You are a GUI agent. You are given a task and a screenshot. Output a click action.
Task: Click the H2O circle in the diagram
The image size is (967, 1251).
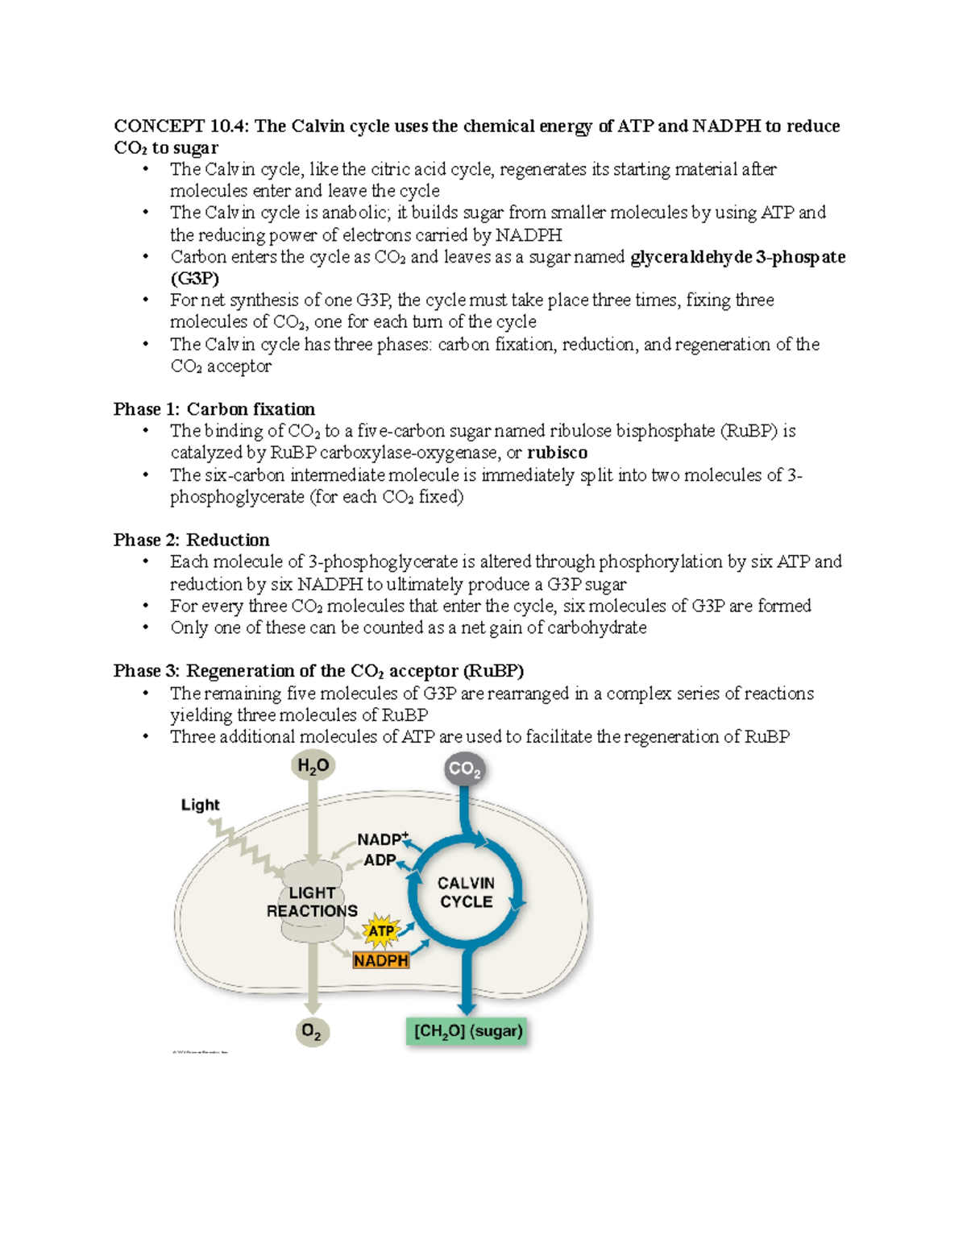pos(313,765)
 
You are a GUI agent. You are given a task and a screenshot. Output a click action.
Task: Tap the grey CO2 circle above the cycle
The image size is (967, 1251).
pos(464,769)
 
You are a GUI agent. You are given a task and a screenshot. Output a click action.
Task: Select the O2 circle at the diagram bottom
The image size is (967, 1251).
pos(311,1031)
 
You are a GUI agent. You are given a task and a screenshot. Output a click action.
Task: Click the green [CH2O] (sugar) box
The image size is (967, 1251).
pos(468,1031)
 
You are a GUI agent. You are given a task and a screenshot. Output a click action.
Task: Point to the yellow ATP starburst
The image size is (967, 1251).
pos(380,931)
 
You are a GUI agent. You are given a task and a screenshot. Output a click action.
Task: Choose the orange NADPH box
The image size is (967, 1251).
pos(380,960)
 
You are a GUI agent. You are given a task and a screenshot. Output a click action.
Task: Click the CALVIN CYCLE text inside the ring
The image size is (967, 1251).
pos(466,893)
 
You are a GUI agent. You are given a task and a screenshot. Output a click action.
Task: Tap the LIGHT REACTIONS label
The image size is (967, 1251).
pos(312,902)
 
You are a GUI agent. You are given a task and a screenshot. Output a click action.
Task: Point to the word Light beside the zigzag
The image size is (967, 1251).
pos(200,805)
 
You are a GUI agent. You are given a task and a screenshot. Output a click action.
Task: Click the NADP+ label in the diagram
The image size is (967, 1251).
pos(383,839)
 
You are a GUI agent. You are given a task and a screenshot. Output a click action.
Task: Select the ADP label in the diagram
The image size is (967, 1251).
pos(380,860)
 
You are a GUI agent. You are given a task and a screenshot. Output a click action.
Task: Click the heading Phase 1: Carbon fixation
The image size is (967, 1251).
pos(214,409)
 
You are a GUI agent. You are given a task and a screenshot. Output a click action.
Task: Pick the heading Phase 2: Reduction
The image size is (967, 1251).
pos(192,540)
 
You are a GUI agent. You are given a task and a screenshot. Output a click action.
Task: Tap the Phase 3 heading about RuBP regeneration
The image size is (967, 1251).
pos(318,671)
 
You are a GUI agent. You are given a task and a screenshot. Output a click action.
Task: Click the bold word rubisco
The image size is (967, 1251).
pos(557,453)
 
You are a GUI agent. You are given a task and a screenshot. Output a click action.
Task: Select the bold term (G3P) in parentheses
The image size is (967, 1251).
pos(194,279)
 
